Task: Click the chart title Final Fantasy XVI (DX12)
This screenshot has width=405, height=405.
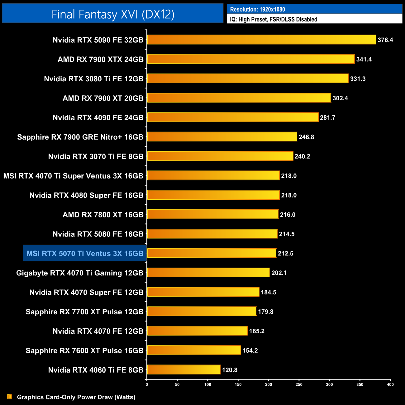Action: [x=113, y=14]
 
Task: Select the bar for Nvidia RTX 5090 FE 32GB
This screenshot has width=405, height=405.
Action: [x=261, y=40]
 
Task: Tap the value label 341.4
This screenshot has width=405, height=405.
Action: [x=364, y=59]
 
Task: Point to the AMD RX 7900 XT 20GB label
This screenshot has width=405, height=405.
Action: [x=103, y=98]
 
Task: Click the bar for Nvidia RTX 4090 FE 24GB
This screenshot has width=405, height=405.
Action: [x=233, y=117]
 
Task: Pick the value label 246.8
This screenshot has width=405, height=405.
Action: [x=306, y=137]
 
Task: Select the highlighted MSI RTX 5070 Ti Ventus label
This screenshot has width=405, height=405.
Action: [x=85, y=254]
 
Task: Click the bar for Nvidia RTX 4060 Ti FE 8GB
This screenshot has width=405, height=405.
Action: [x=184, y=370]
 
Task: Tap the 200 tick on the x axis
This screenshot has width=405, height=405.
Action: [x=269, y=384]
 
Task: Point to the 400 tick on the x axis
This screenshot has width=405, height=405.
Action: [x=390, y=384]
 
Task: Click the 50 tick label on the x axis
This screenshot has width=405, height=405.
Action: [x=177, y=384]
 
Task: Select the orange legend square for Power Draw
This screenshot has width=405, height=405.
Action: [x=9, y=397]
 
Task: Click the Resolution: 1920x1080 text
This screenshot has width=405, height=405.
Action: [x=257, y=9]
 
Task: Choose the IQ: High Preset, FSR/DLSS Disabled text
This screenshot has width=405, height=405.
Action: [x=274, y=19]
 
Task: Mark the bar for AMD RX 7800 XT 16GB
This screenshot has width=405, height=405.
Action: [x=213, y=215]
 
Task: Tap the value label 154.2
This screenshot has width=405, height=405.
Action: [x=250, y=350]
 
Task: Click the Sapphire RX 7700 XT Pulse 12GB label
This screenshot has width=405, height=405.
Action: [x=84, y=312]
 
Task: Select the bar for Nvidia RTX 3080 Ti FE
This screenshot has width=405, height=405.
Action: [x=248, y=79]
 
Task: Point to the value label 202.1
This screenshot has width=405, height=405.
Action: [x=279, y=273]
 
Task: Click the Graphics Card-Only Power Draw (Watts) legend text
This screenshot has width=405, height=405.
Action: [x=76, y=397]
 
